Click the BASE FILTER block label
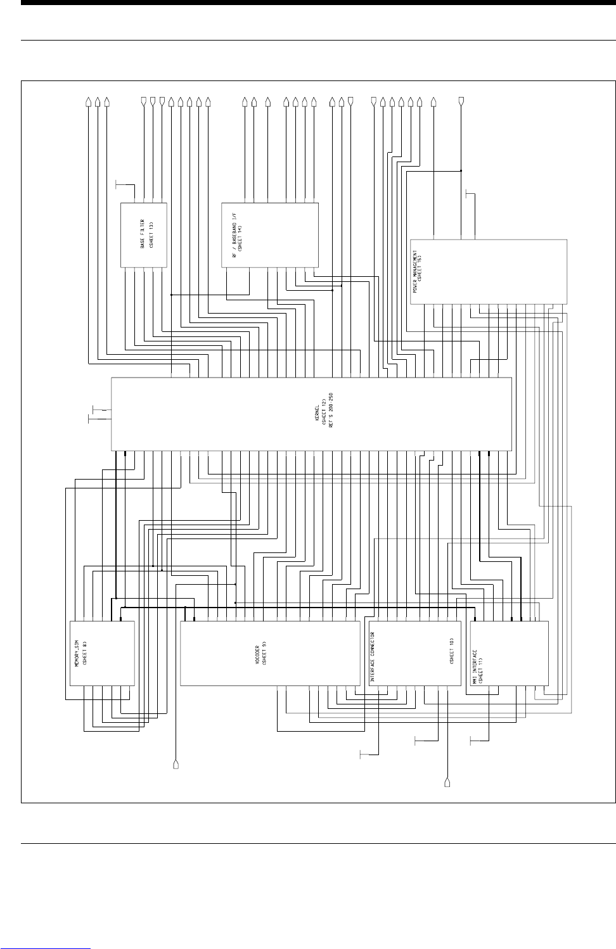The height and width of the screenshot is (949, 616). coord(143,234)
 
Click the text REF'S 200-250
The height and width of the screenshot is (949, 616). coord(330,412)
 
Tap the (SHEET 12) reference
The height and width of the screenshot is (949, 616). coord(323,412)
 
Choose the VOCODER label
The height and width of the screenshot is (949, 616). coord(256,653)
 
